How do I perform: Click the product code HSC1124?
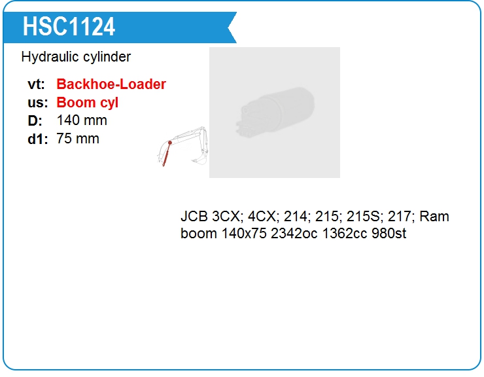click(69, 26)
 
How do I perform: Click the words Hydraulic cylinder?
click(76, 57)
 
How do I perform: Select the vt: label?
click(37, 84)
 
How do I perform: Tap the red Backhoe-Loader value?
click(111, 84)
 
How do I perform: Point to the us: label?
click(38, 103)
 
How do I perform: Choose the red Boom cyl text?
click(87, 103)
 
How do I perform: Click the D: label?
click(35, 121)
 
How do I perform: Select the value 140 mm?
click(82, 120)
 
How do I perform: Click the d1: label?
click(38, 139)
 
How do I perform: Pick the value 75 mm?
click(78, 138)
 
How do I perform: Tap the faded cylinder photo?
click(275, 113)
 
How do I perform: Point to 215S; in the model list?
click(367, 217)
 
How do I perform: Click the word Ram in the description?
click(434, 217)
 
